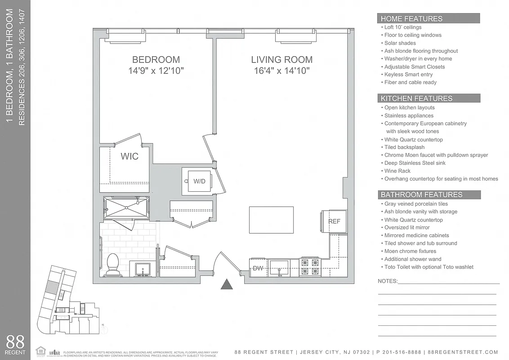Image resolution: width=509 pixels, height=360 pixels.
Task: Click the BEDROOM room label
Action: click(x=156, y=59)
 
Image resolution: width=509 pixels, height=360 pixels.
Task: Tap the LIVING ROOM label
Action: click(x=281, y=59)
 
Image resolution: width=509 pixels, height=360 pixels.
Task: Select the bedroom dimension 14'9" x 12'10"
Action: click(x=156, y=71)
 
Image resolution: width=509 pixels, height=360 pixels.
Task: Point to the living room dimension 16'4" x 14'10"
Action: click(x=281, y=71)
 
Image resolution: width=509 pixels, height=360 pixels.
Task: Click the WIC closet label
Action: click(x=129, y=157)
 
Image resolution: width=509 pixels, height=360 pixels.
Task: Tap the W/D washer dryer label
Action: click(x=199, y=181)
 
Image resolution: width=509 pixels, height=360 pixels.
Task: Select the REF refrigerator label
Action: click(x=334, y=221)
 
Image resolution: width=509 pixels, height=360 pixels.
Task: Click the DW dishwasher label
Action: click(x=258, y=269)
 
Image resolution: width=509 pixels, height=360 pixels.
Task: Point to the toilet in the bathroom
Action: click(x=112, y=263)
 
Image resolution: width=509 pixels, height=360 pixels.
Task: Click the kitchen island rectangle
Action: click(x=272, y=220)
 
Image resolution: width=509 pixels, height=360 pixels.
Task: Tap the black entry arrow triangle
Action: click(x=228, y=284)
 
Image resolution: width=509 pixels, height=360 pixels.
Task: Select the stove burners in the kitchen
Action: click(x=310, y=266)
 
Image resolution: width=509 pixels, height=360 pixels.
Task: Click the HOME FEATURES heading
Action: click(x=411, y=19)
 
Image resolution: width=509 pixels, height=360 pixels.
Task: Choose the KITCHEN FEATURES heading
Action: click(x=416, y=99)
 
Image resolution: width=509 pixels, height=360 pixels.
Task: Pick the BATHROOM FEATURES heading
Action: click(x=421, y=195)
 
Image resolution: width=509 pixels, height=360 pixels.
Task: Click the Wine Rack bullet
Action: click(x=397, y=171)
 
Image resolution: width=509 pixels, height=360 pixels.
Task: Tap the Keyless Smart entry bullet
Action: click(x=408, y=74)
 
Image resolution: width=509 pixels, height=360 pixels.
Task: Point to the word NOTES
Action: click(x=387, y=281)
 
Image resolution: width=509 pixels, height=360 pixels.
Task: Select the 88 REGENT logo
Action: click(x=15, y=344)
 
